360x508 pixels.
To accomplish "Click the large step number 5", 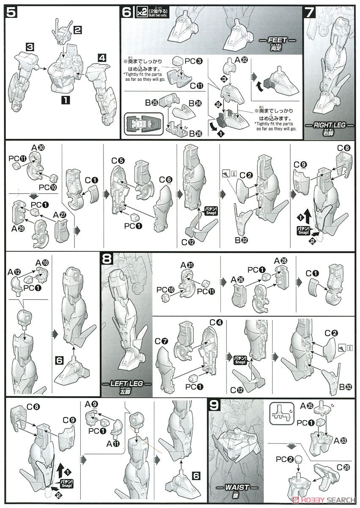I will pyautogui.click(x=11, y=13).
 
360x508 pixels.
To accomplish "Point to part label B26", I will pyautogui.click(x=197, y=133).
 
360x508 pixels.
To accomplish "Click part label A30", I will pyautogui.click(x=38, y=148).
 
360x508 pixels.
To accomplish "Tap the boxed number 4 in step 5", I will pyautogui.click(x=102, y=58).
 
